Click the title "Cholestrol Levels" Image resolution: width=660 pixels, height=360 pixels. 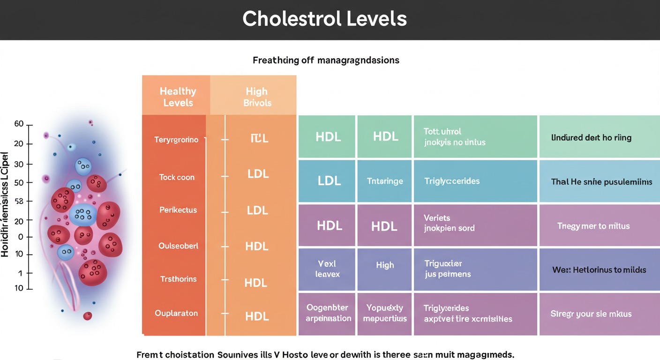(324, 19)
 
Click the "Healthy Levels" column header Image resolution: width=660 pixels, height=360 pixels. (178, 97)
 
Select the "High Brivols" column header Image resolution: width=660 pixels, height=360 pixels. (256, 97)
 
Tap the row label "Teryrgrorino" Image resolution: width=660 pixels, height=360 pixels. (176, 140)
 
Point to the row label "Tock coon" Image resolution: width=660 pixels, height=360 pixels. (176, 177)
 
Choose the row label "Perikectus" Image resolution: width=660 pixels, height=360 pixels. (178, 210)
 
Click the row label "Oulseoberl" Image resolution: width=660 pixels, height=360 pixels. (178, 246)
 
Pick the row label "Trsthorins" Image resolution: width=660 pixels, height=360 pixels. (178, 279)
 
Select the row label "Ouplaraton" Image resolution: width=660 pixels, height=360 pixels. (176, 313)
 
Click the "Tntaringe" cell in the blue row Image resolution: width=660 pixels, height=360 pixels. (385, 181)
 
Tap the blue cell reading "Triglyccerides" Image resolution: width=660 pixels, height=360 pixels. (452, 181)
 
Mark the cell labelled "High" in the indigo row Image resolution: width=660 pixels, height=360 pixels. (385, 265)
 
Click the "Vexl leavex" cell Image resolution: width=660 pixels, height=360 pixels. (327, 269)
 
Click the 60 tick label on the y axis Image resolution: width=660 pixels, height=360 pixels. (19, 124)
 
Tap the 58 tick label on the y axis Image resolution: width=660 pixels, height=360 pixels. (19, 201)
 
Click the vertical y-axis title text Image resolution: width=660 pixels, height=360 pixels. (6, 204)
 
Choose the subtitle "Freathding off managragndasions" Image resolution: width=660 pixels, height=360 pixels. (326, 60)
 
